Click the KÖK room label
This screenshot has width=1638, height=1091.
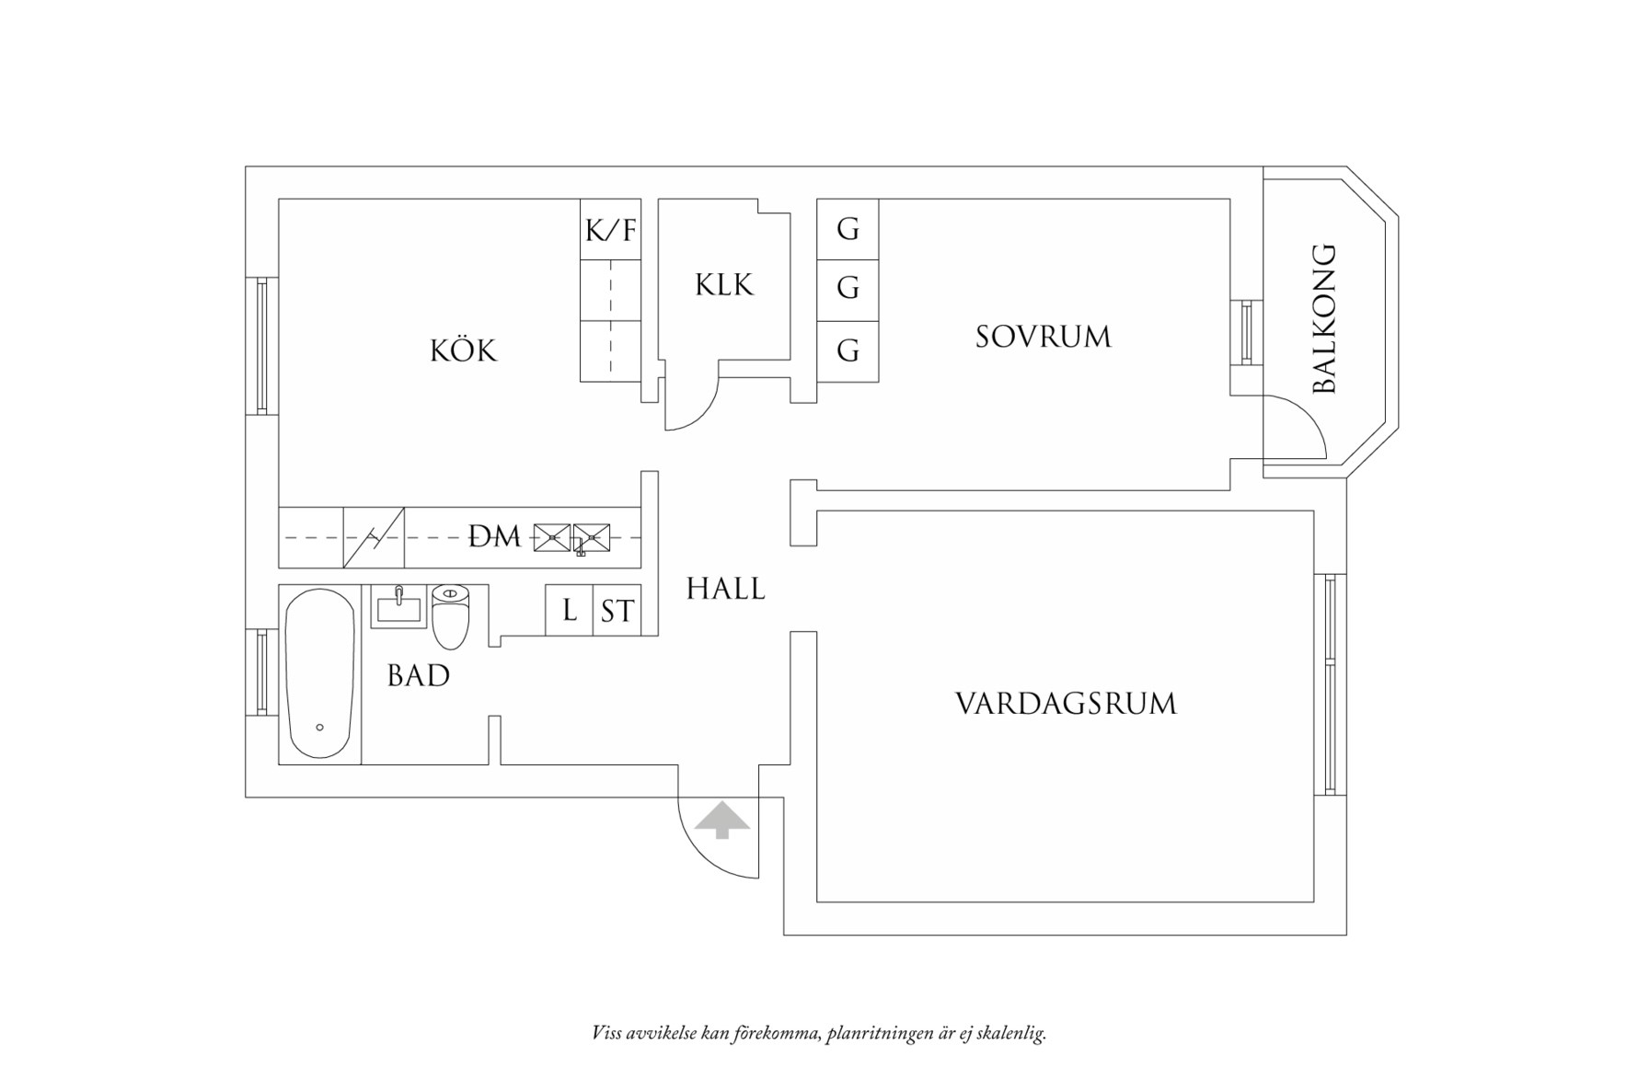pyautogui.click(x=463, y=350)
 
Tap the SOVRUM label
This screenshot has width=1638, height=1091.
pyautogui.click(x=1043, y=337)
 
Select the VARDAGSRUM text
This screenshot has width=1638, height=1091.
pyautogui.click(x=1066, y=704)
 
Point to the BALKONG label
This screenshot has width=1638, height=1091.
pyautogui.click(x=1323, y=319)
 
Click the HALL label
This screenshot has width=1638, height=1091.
pyautogui.click(x=725, y=589)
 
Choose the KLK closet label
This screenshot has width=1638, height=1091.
pyautogui.click(x=724, y=285)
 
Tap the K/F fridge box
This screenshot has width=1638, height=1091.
pyautogui.click(x=611, y=230)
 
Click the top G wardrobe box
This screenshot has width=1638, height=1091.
pyautogui.click(x=848, y=228)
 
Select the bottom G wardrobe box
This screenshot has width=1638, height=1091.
pyautogui.click(x=848, y=350)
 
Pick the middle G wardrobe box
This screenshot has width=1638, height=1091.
pyautogui.click(x=848, y=289)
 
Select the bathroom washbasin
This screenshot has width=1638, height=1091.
pyautogui.click(x=398, y=607)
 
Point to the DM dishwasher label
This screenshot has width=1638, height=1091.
pyautogui.click(x=495, y=536)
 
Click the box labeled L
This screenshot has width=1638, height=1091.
pyautogui.click(x=570, y=610)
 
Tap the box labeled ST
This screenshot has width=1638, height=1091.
pyautogui.click(x=617, y=611)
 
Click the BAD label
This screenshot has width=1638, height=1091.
pyautogui.click(x=419, y=676)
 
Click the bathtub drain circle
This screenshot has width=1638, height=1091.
pyautogui.click(x=319, y=728)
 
